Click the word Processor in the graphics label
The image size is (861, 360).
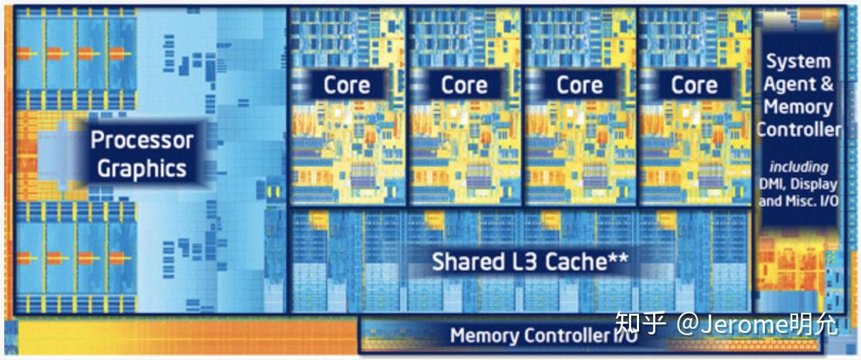tap(142, 140)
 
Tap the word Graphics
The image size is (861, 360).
tap(142, 169)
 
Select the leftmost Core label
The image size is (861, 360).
tap(347, 85)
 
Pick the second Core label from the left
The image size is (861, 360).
tap(464, 85)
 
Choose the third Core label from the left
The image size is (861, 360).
tap(579, 85)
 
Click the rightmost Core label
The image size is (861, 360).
tap(694, 85)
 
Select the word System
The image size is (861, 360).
tap(798, 61)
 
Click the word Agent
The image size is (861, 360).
tap(790, 84)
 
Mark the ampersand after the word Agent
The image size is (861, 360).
tap(826, 83)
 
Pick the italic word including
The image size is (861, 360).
tap(798, 167)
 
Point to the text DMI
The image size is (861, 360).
tap(772, 184)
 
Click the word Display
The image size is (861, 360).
tap(813, 185)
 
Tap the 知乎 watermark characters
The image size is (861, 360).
tap(640, 324)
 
